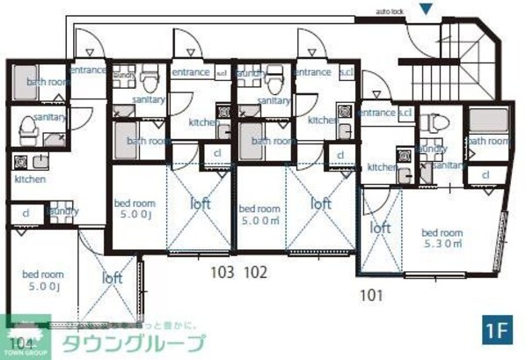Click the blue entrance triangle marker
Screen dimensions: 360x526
pos(426,10)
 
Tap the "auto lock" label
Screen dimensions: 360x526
pos(389,12)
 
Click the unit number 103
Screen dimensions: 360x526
pos(222,272)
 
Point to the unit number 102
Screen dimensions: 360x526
pos(255,272)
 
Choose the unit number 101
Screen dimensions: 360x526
pos(372,295)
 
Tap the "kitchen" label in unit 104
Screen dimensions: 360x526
pos(30,179)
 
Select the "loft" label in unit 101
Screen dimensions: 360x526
pos(380,227)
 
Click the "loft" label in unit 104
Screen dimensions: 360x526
pos(112,277)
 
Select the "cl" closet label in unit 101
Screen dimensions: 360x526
pos(485,175)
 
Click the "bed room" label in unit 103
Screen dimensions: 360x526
pos(135,202)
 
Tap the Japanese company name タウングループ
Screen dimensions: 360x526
pos(132,342)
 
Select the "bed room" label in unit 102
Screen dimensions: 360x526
pos(260,209)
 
